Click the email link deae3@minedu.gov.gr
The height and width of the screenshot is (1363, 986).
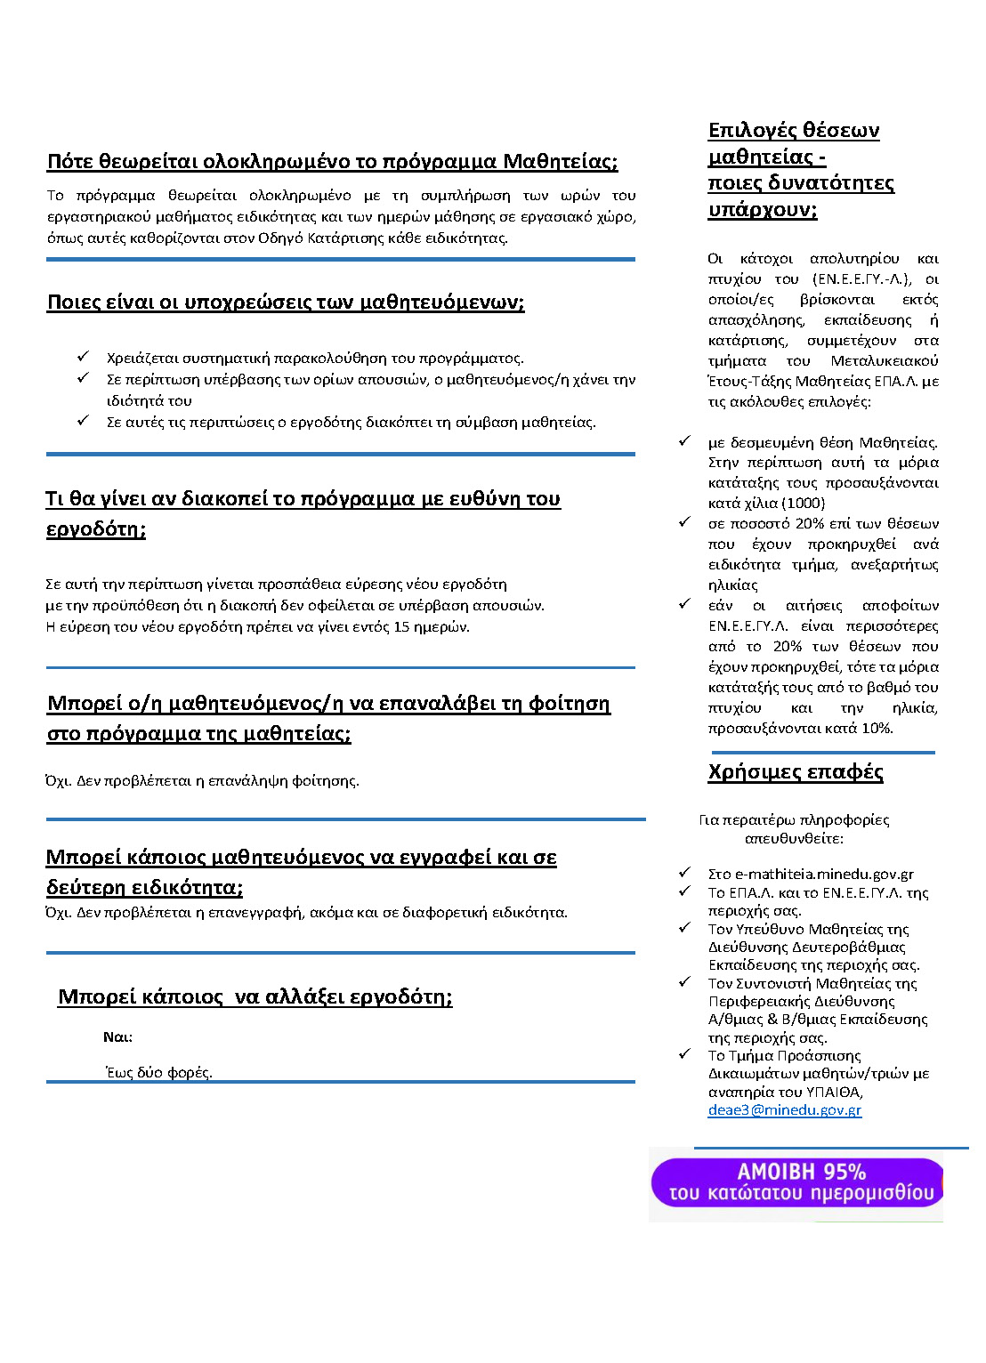point(784,1109)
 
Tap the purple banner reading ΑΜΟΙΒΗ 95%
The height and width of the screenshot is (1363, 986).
point(796,1182)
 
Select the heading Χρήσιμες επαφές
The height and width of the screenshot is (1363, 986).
point(796,771)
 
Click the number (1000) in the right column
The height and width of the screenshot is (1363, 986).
point(803,503)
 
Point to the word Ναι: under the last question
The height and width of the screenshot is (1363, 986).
point(117,1036)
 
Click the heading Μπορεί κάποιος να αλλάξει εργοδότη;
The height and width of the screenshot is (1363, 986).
point(255,996)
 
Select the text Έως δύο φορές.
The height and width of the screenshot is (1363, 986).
point(159,1072)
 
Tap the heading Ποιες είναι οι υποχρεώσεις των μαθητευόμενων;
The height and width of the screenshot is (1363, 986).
point(286,302)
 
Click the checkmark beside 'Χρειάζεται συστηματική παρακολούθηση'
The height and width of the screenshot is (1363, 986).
point(84,357)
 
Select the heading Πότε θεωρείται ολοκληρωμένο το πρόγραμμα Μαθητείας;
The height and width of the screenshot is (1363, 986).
point(332,161)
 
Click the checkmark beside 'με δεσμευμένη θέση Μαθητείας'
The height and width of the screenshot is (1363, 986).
point(684,441)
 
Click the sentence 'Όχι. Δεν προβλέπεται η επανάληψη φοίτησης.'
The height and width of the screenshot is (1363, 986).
point(203,780)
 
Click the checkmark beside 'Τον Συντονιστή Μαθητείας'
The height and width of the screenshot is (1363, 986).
point(684,982)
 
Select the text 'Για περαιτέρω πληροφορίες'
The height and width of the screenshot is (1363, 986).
point(794,819)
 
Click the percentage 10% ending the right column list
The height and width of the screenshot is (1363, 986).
point(877,728)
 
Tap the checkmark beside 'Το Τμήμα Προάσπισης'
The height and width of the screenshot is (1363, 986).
point(684,1054)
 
